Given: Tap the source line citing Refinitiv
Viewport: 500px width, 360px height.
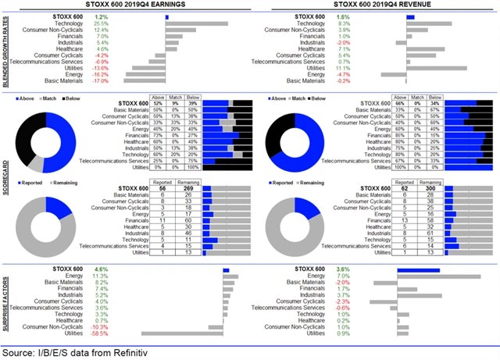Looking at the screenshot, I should (74, 353).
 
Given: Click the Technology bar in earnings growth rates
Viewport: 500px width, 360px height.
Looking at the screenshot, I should (196, 23).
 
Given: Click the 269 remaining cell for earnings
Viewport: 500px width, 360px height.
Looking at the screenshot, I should (187, 188).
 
